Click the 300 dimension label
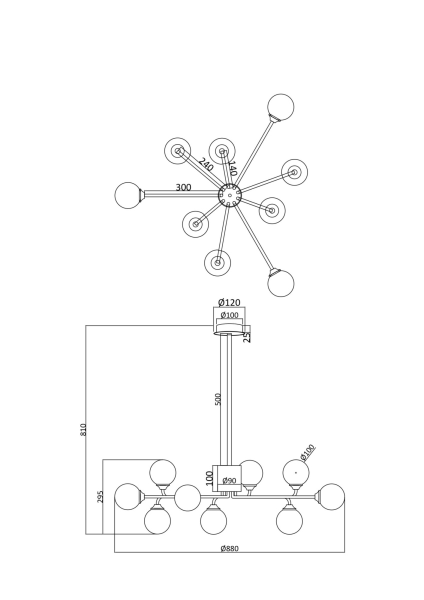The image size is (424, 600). pos(183,187)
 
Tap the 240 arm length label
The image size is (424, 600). pos(205,164)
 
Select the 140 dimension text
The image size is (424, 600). pos(232,168)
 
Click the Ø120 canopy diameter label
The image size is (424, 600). pos(229,302)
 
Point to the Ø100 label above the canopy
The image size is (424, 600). pos(229,315)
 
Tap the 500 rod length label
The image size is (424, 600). pos(218,399)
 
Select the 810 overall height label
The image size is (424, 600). pos(83,429)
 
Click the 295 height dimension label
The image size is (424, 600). pos(100,496)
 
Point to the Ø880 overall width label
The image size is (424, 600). pos(229,548)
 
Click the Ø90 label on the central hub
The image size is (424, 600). pos(229,480)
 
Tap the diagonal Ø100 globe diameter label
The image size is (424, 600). pos(307,452)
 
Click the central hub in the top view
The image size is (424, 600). pos(230,195)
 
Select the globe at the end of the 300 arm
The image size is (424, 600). pos(127,195)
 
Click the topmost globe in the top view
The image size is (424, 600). pos(280,106)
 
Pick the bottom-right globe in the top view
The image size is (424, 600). pos(280,283)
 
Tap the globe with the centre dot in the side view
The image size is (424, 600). pos(295,472)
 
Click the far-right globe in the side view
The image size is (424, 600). pos(331,496)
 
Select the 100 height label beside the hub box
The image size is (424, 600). pos(209,477)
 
